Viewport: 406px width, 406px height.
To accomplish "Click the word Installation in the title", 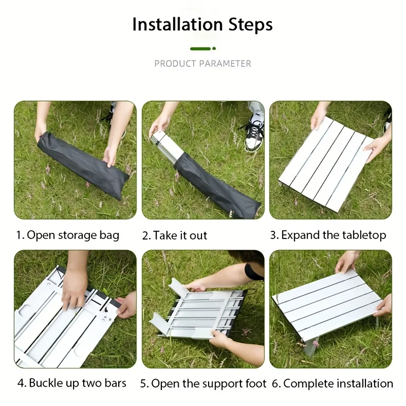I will [177, 24].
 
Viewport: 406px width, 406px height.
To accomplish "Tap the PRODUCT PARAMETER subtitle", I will [202, 63].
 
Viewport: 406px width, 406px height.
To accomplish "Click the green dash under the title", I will [200, 49].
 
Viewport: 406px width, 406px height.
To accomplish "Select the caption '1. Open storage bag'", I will [67, 235].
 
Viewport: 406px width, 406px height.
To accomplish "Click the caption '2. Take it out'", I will [175, 235].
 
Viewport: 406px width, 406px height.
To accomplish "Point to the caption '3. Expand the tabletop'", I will [328, 235].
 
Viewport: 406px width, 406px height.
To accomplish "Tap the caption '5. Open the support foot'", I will [203, 383].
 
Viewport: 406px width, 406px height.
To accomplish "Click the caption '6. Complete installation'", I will [337, 383].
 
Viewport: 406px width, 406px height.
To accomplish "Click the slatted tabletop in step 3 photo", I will [325, 162].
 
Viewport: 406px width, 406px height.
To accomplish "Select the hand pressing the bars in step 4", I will [74, 289].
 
